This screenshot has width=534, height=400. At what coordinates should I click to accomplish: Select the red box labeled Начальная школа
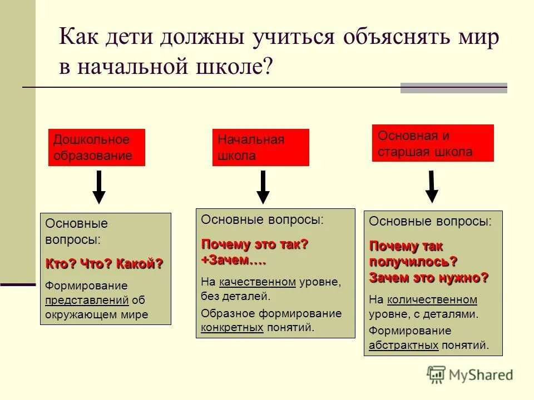260,147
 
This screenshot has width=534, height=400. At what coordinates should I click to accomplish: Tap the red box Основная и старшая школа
432,143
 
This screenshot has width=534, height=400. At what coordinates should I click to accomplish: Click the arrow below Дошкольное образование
99,188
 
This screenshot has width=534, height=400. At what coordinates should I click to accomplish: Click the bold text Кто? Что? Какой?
105,264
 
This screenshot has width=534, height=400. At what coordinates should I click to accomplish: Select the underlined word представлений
87,301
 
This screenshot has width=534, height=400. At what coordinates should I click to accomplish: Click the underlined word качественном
258,282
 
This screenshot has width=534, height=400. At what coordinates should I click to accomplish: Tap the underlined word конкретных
232,327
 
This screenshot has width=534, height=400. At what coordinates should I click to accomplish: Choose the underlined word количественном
432,300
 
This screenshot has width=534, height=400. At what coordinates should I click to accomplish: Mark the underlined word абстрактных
404,345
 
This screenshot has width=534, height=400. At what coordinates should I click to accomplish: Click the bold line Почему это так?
255,244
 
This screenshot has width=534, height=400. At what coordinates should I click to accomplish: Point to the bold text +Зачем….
234,260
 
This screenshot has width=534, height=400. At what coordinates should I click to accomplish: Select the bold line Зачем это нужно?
429,277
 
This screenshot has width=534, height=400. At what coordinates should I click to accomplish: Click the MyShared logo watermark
470,375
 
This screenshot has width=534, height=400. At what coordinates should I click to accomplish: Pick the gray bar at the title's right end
453,88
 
